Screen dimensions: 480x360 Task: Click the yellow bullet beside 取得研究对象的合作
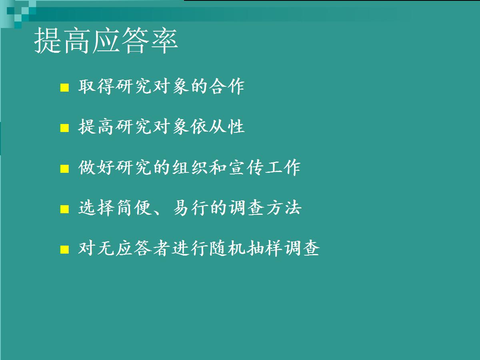tap(64, 88)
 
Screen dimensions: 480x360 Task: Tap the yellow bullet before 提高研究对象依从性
tap(64, 128)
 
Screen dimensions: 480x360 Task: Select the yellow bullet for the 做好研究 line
tap(64, 169)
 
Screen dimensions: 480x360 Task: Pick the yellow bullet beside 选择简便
tap(64, 209)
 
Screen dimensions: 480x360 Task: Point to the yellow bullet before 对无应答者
tap(64, 249)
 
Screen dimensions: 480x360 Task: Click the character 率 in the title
tap(164, 40)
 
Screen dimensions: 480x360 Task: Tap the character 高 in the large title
tap(77, 40)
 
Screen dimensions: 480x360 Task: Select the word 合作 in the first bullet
tap(226, 86)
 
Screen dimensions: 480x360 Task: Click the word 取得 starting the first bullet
tap(96, 86)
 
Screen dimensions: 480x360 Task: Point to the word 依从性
tap(217, 126)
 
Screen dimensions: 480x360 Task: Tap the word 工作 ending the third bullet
tap(282, 168)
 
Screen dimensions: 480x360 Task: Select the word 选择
tap(96, 208)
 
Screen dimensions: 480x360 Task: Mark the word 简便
tap(134, 208)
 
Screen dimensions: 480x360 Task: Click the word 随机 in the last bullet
tap(228, 248)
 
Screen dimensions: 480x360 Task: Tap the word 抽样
tap(264, 248)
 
